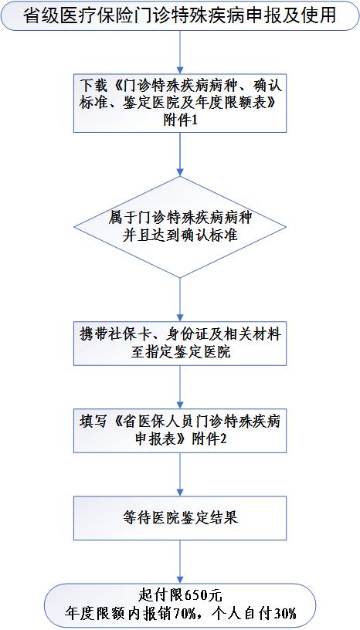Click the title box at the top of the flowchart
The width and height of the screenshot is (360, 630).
180,15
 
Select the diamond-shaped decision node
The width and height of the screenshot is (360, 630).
180,227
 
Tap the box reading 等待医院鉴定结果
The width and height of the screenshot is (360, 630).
180,518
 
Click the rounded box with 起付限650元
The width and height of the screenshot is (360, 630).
180,606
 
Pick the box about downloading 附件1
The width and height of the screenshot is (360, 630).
180,103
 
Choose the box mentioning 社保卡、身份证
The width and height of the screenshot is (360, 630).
180,343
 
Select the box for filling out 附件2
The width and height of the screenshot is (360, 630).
180,431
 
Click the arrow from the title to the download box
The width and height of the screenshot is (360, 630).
180,52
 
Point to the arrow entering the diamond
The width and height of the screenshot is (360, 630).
180,154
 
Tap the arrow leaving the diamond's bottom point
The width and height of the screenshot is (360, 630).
180,300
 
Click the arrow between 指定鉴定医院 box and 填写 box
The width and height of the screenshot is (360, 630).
180,387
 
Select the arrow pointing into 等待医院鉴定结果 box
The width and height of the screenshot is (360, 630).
180,475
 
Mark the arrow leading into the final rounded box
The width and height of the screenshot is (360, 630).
180,562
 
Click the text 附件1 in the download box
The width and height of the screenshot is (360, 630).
180,120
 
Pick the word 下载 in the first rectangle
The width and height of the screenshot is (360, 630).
91,85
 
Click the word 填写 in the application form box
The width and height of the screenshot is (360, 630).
91,422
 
